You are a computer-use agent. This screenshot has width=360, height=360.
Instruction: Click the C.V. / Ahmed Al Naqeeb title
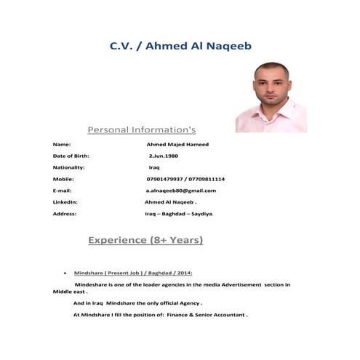point(180,46)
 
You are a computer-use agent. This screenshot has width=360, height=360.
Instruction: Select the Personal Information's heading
point(141,130)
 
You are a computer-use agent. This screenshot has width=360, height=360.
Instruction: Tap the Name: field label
point(62,145)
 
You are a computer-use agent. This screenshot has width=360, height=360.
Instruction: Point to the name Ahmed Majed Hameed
point(177,145)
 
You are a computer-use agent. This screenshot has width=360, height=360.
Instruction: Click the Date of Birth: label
point(71,156)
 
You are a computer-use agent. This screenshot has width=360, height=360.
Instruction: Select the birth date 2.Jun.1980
point(163,156)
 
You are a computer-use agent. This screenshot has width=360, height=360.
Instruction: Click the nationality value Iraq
point(154,167)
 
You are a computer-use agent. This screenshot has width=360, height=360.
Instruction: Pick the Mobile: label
point(64,179)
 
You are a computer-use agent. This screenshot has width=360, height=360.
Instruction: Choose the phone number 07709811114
point(207,179)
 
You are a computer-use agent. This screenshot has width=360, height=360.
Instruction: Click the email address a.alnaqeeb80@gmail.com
point(180,191)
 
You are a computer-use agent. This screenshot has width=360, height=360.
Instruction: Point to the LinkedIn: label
point(65,201)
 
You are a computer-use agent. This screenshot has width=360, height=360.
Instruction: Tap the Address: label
point(65,214)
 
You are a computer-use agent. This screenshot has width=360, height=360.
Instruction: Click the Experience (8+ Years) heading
point(145,240)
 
